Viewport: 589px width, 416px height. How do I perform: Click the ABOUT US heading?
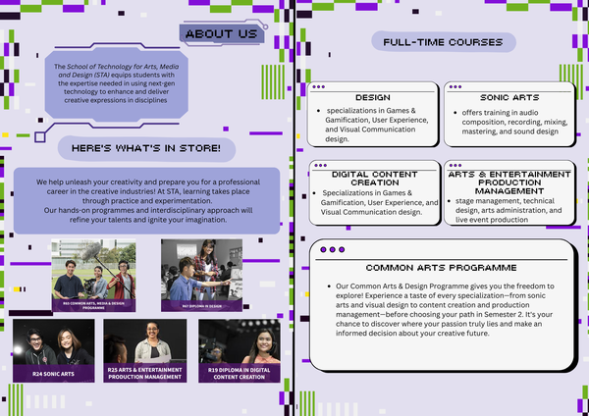coord(221,34)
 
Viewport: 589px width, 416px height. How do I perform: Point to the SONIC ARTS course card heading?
coord(509,98)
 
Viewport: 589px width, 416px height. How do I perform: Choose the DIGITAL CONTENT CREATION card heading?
coord(373,178)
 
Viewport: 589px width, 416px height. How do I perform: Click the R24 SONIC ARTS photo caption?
coord(53,373)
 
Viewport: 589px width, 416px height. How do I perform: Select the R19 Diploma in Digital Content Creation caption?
coord(240,374)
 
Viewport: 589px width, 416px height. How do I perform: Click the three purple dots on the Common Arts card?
coord(332,249)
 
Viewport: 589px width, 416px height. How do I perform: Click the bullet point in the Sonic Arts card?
coord(454,111)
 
